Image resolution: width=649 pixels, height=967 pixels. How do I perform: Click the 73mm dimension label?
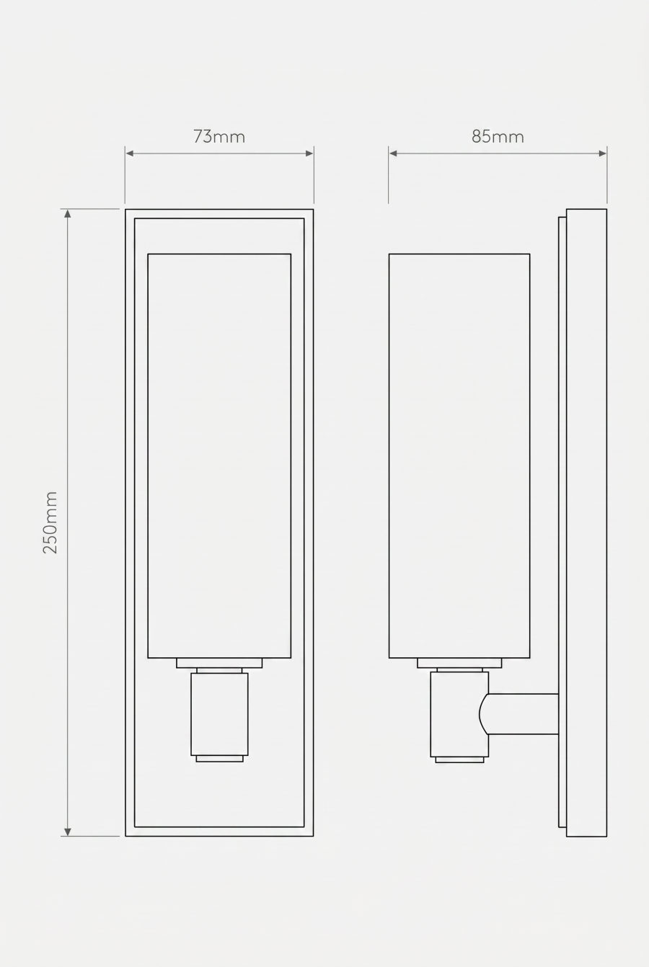click(x=219, y=136)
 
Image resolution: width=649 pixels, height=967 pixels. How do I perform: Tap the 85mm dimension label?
click(x=498, y=136)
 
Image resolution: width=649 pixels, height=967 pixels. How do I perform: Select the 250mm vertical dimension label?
click(x=50, y=522)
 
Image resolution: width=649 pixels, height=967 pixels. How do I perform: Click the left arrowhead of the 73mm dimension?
click(x=130, y=153)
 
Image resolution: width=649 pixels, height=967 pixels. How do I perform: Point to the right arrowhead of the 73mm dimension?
click(x=309, y=153)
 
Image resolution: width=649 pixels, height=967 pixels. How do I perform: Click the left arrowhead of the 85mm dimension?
click(x=393, y=153)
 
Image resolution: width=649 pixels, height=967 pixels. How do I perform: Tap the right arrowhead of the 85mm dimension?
click(x=603, y=153)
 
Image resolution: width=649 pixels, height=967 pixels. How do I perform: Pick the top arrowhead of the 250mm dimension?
click(x=67, y=213)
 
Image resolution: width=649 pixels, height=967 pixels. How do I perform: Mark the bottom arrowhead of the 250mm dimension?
click(x=67, y=832)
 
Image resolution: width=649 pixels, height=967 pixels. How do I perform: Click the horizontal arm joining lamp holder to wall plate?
click(x=523, y=714)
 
